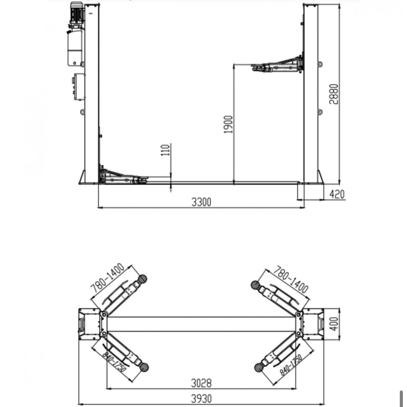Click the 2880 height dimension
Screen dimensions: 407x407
click(333, 93)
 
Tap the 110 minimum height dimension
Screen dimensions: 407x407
click(164, 150)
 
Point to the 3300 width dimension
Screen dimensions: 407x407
click(201, 202)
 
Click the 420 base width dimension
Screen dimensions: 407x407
click(338, 194)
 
